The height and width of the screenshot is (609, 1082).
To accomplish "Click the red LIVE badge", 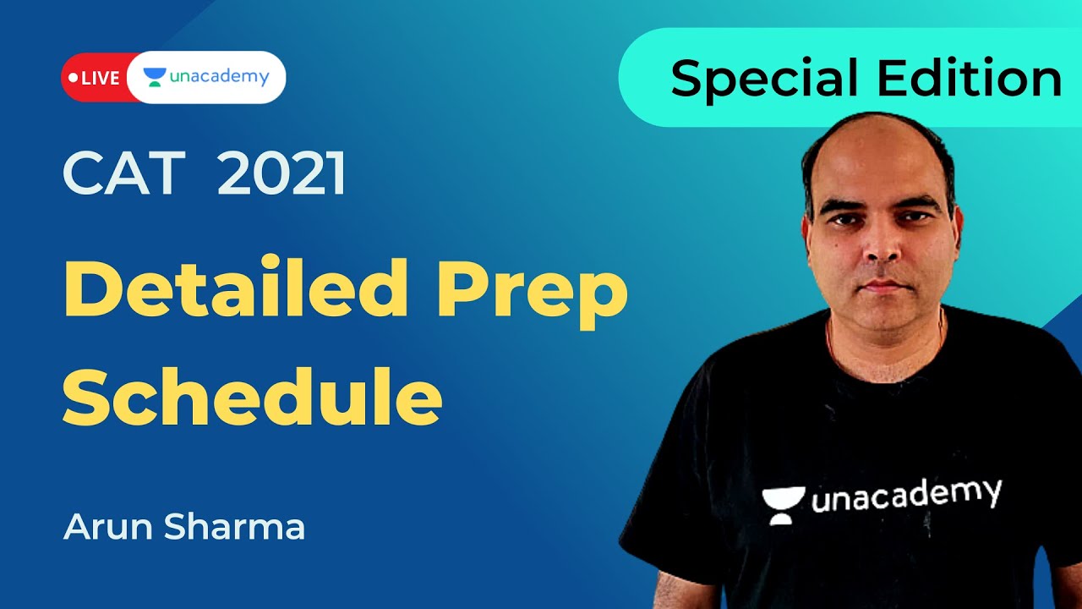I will tap(95, 78).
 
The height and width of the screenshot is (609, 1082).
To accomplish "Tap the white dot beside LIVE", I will tap(74, 78).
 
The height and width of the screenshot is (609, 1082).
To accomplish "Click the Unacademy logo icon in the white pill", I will tap(154, 77).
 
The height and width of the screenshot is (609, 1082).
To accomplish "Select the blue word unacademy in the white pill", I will tap(219, 77).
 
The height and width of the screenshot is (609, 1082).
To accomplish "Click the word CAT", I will tap(123, 174).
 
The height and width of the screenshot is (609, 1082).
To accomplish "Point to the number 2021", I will tap(281, 174).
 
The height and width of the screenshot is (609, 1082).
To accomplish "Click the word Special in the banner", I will tap(765, 79).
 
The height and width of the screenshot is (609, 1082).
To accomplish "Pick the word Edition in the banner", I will tap(969, 79).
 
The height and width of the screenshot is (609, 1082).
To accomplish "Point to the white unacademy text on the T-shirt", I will tap(906, 495).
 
